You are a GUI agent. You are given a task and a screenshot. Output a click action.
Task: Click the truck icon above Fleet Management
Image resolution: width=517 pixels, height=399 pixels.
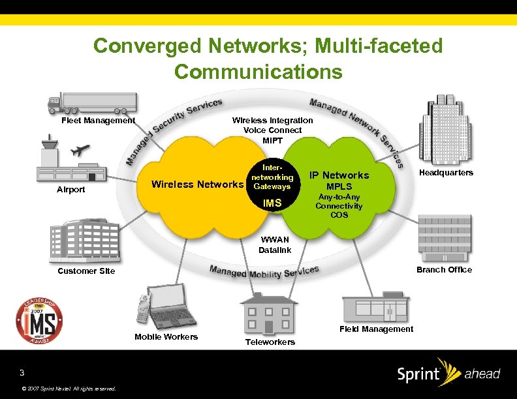[x=91, y=103]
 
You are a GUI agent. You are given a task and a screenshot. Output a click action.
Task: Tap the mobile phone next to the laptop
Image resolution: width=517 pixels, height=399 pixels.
[x=143, y=310]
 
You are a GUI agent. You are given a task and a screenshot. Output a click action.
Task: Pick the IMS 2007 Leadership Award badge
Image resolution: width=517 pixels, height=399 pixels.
[x=40, y=321]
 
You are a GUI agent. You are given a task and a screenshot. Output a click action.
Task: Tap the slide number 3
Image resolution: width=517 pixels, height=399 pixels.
[x=22, y=373]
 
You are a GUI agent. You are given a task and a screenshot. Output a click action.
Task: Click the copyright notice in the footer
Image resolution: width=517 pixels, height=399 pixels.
[x=69, y=389]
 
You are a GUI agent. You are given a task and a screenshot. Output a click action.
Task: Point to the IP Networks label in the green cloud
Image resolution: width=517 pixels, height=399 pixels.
[x=339, y=175]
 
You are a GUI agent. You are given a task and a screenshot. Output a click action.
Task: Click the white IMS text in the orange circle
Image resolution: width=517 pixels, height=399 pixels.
[x=272, y=203]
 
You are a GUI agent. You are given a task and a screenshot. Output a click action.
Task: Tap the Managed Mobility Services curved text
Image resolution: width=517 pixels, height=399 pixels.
[x=264, y=271]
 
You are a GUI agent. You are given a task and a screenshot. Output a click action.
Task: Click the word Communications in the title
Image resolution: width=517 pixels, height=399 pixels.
[x=258, y=71]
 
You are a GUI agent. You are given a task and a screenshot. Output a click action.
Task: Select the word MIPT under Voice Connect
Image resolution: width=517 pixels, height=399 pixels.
[x=272, y=140]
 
